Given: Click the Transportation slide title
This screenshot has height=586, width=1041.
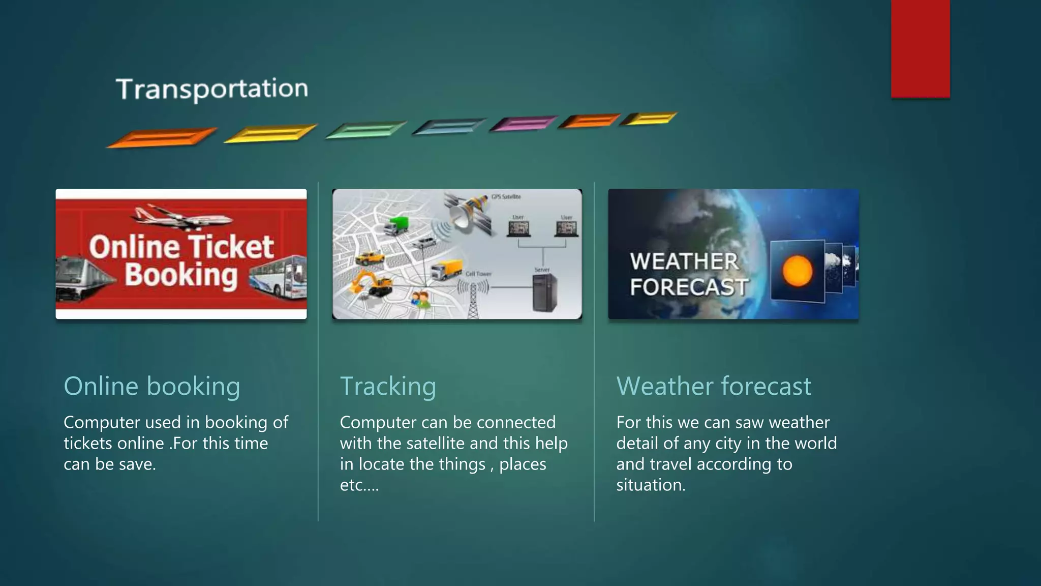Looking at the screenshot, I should (211, 89).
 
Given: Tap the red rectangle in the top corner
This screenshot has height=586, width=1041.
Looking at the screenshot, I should (920, 48).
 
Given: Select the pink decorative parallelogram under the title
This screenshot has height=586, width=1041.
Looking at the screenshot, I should (523, 124).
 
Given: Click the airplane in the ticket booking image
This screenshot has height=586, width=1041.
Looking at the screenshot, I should (180, 217).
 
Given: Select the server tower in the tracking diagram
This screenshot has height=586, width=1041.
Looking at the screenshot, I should (544, 292).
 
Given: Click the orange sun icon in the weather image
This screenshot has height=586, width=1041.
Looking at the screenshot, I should (797, 271).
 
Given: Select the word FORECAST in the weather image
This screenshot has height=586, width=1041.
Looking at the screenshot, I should (689, 287).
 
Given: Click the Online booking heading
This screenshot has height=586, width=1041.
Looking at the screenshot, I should (151, 386).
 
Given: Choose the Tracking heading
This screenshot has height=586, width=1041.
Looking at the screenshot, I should (388, 386).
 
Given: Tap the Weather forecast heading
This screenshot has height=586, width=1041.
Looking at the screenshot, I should (714, 386).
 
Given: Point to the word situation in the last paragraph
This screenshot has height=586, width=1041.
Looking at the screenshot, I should (651, 485).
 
